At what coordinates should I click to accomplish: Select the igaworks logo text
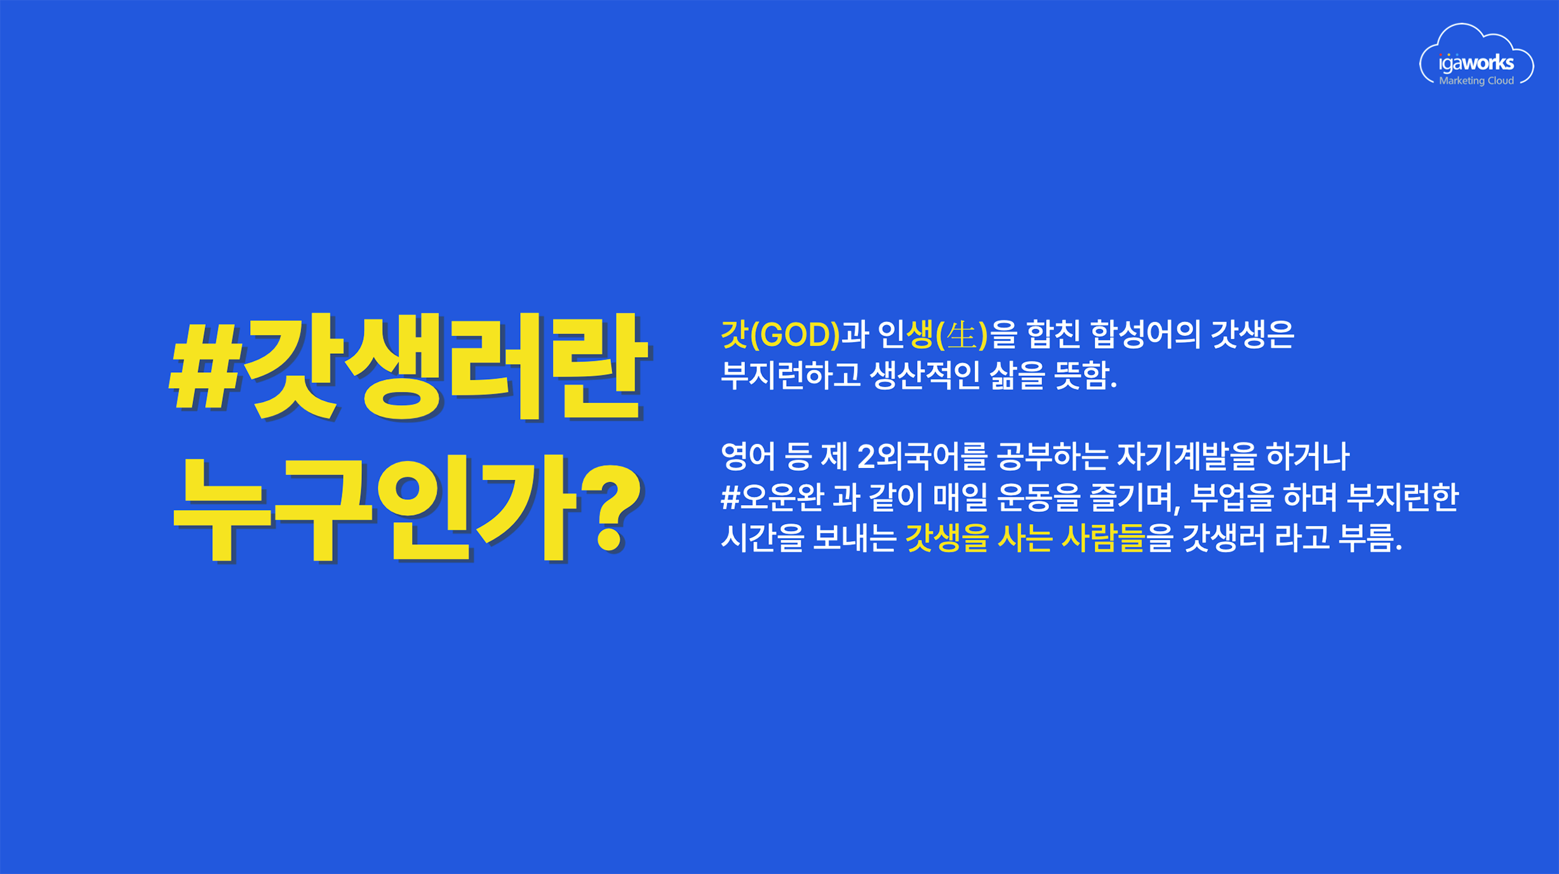click(x=1476, y=63)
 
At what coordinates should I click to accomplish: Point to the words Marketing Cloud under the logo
click(x=1476, y=81)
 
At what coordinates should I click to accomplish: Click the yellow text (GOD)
click(x=795, y=335)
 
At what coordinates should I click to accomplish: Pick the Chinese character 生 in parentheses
click(x=961, y=335)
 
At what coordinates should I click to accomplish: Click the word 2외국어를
click(x=921, y=457)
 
